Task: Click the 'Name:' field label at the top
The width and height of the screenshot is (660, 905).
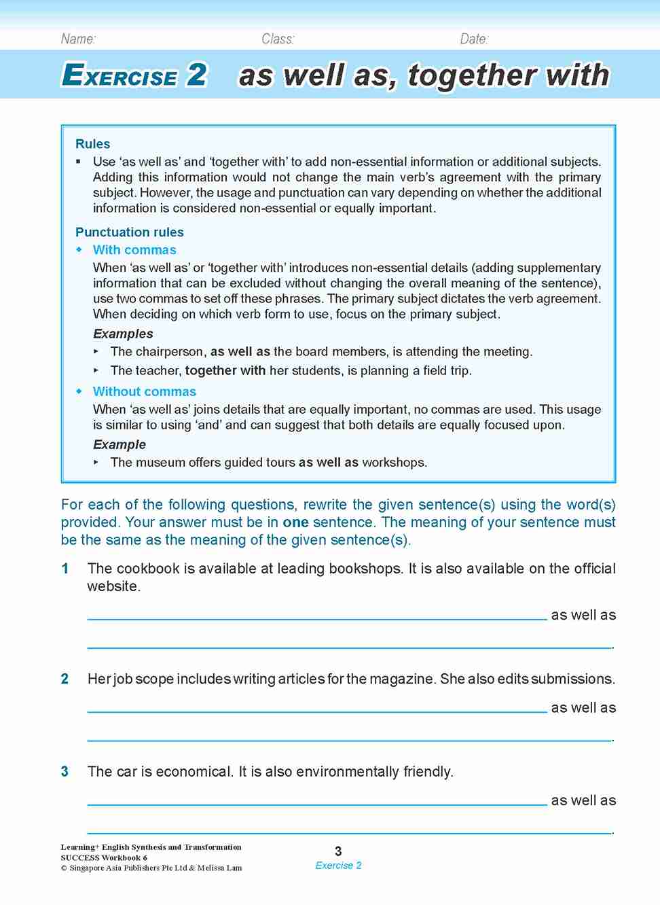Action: coord(78,39)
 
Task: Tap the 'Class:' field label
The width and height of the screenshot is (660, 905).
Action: coord(278,39)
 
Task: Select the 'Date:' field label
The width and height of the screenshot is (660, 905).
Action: coord(474,39)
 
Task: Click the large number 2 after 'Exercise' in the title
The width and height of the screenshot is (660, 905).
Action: coord(196,75)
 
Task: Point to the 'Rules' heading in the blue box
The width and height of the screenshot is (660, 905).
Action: coord(92,144)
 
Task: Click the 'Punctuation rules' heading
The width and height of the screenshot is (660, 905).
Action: coord(129,232)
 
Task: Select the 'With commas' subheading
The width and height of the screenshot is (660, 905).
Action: coord(134,250)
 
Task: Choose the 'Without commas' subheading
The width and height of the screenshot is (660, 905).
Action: coord(144,391)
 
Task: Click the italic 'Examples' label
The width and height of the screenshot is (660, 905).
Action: coord(123,334)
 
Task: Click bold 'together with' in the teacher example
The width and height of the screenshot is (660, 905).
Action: coord(225,371)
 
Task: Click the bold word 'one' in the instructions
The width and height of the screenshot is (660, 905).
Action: coord(295,522)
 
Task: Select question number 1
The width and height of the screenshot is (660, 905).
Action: coord(65,569)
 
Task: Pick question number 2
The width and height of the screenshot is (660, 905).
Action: coord(65,679)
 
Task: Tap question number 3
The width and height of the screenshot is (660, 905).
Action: coord(65,772)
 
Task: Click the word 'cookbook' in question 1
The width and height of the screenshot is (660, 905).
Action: coord(148,569)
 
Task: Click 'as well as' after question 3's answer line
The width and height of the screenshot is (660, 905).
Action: coord(583,800)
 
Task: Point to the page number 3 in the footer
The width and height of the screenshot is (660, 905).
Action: coord(338,851)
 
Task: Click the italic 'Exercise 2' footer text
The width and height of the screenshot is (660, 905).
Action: coord(338,866)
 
